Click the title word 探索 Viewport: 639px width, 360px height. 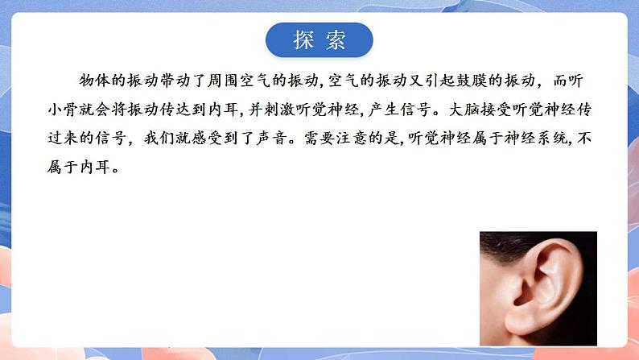pos(319,41)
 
